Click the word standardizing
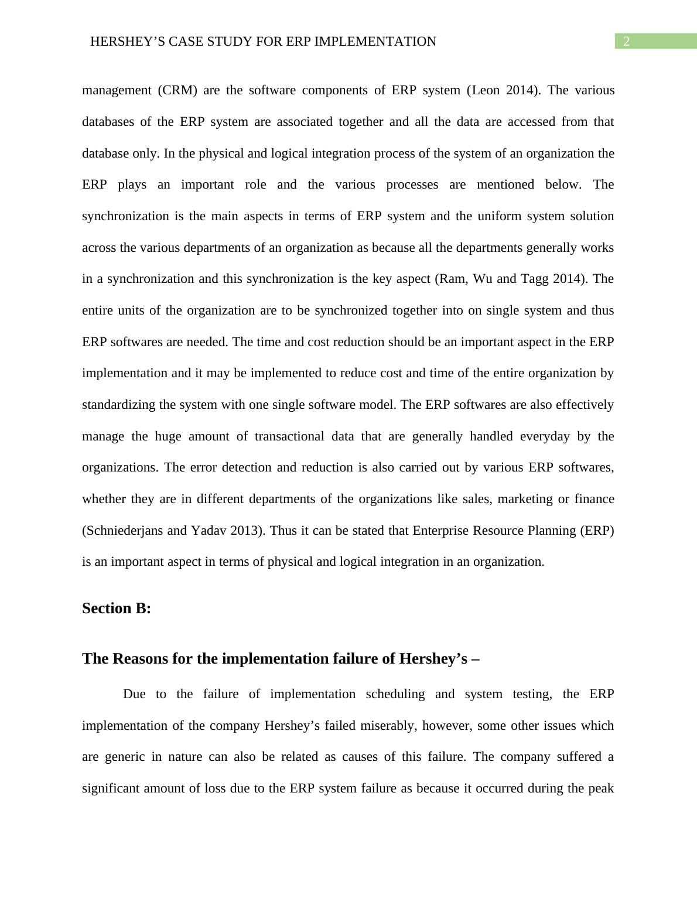(119, 405)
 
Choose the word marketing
(525, 499)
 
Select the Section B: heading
(117, 609)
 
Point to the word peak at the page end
(602, 788)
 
